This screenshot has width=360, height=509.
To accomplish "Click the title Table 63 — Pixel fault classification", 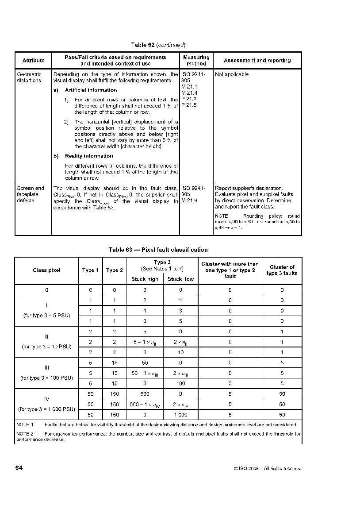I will pos(158,250).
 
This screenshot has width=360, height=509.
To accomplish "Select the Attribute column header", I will pos(34,61).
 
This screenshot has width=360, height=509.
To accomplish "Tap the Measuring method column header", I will pos(196,61).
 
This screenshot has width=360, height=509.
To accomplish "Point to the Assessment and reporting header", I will pos(257,61).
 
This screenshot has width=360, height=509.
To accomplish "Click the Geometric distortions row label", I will pos(29,77).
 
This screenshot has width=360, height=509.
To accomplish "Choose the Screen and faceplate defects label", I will pos(31,194).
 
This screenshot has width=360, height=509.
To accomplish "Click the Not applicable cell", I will pos(232,74).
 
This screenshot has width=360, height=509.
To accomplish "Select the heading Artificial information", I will pos(91,90).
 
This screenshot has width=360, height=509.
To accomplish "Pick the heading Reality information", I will pos(89,156).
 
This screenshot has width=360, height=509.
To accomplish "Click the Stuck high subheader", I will pos(145,279).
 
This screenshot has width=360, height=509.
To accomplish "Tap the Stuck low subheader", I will pos(180,279).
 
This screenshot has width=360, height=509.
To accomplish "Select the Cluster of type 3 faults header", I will pos(282,270).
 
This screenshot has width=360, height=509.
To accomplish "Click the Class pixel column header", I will pos(46,270).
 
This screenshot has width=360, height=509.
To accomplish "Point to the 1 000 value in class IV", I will pos(180,415).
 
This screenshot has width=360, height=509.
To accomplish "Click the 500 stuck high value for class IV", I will pos(145,394).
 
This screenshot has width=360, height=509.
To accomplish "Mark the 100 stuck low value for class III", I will pos(180,383).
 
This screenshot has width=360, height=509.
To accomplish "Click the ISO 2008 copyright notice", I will pos(268,468).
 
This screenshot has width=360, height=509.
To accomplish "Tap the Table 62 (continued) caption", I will pos(158,45).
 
